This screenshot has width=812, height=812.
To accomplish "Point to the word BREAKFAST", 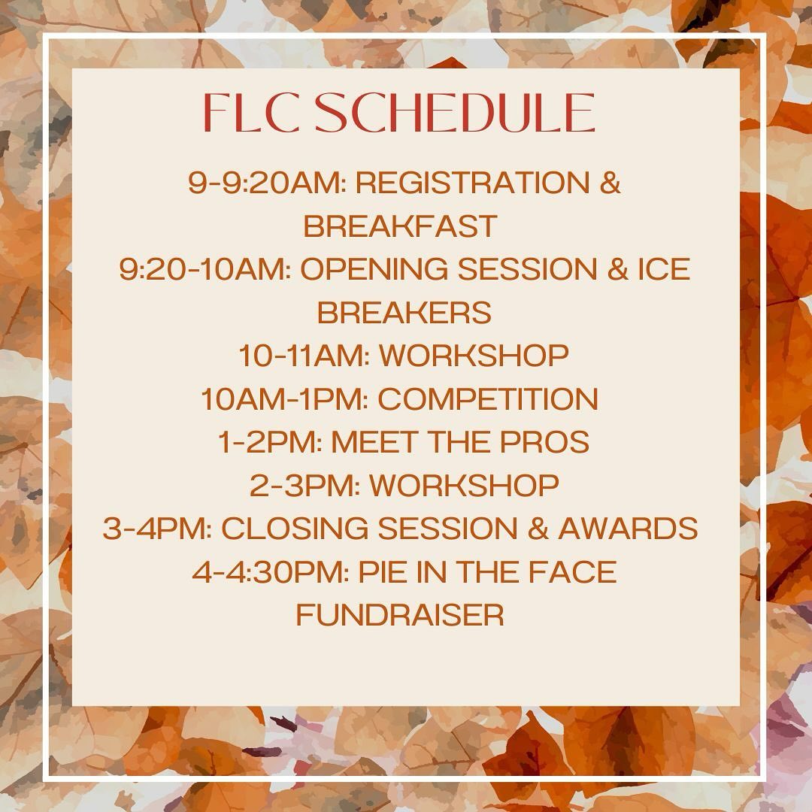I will (x=400, y=226).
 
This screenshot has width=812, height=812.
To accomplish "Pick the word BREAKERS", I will (x=404, y=313).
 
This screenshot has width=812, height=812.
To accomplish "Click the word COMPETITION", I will (x=488, y=399).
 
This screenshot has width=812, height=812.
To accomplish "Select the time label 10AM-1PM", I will (x=284, y=399).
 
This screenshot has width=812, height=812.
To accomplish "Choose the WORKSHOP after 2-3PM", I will (x=464, y=486).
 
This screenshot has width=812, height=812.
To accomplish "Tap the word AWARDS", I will (x=627, y=529).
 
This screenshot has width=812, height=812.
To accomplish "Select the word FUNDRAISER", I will (x=399, y=616).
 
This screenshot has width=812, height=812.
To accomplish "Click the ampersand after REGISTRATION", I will (x=611, y=183).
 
